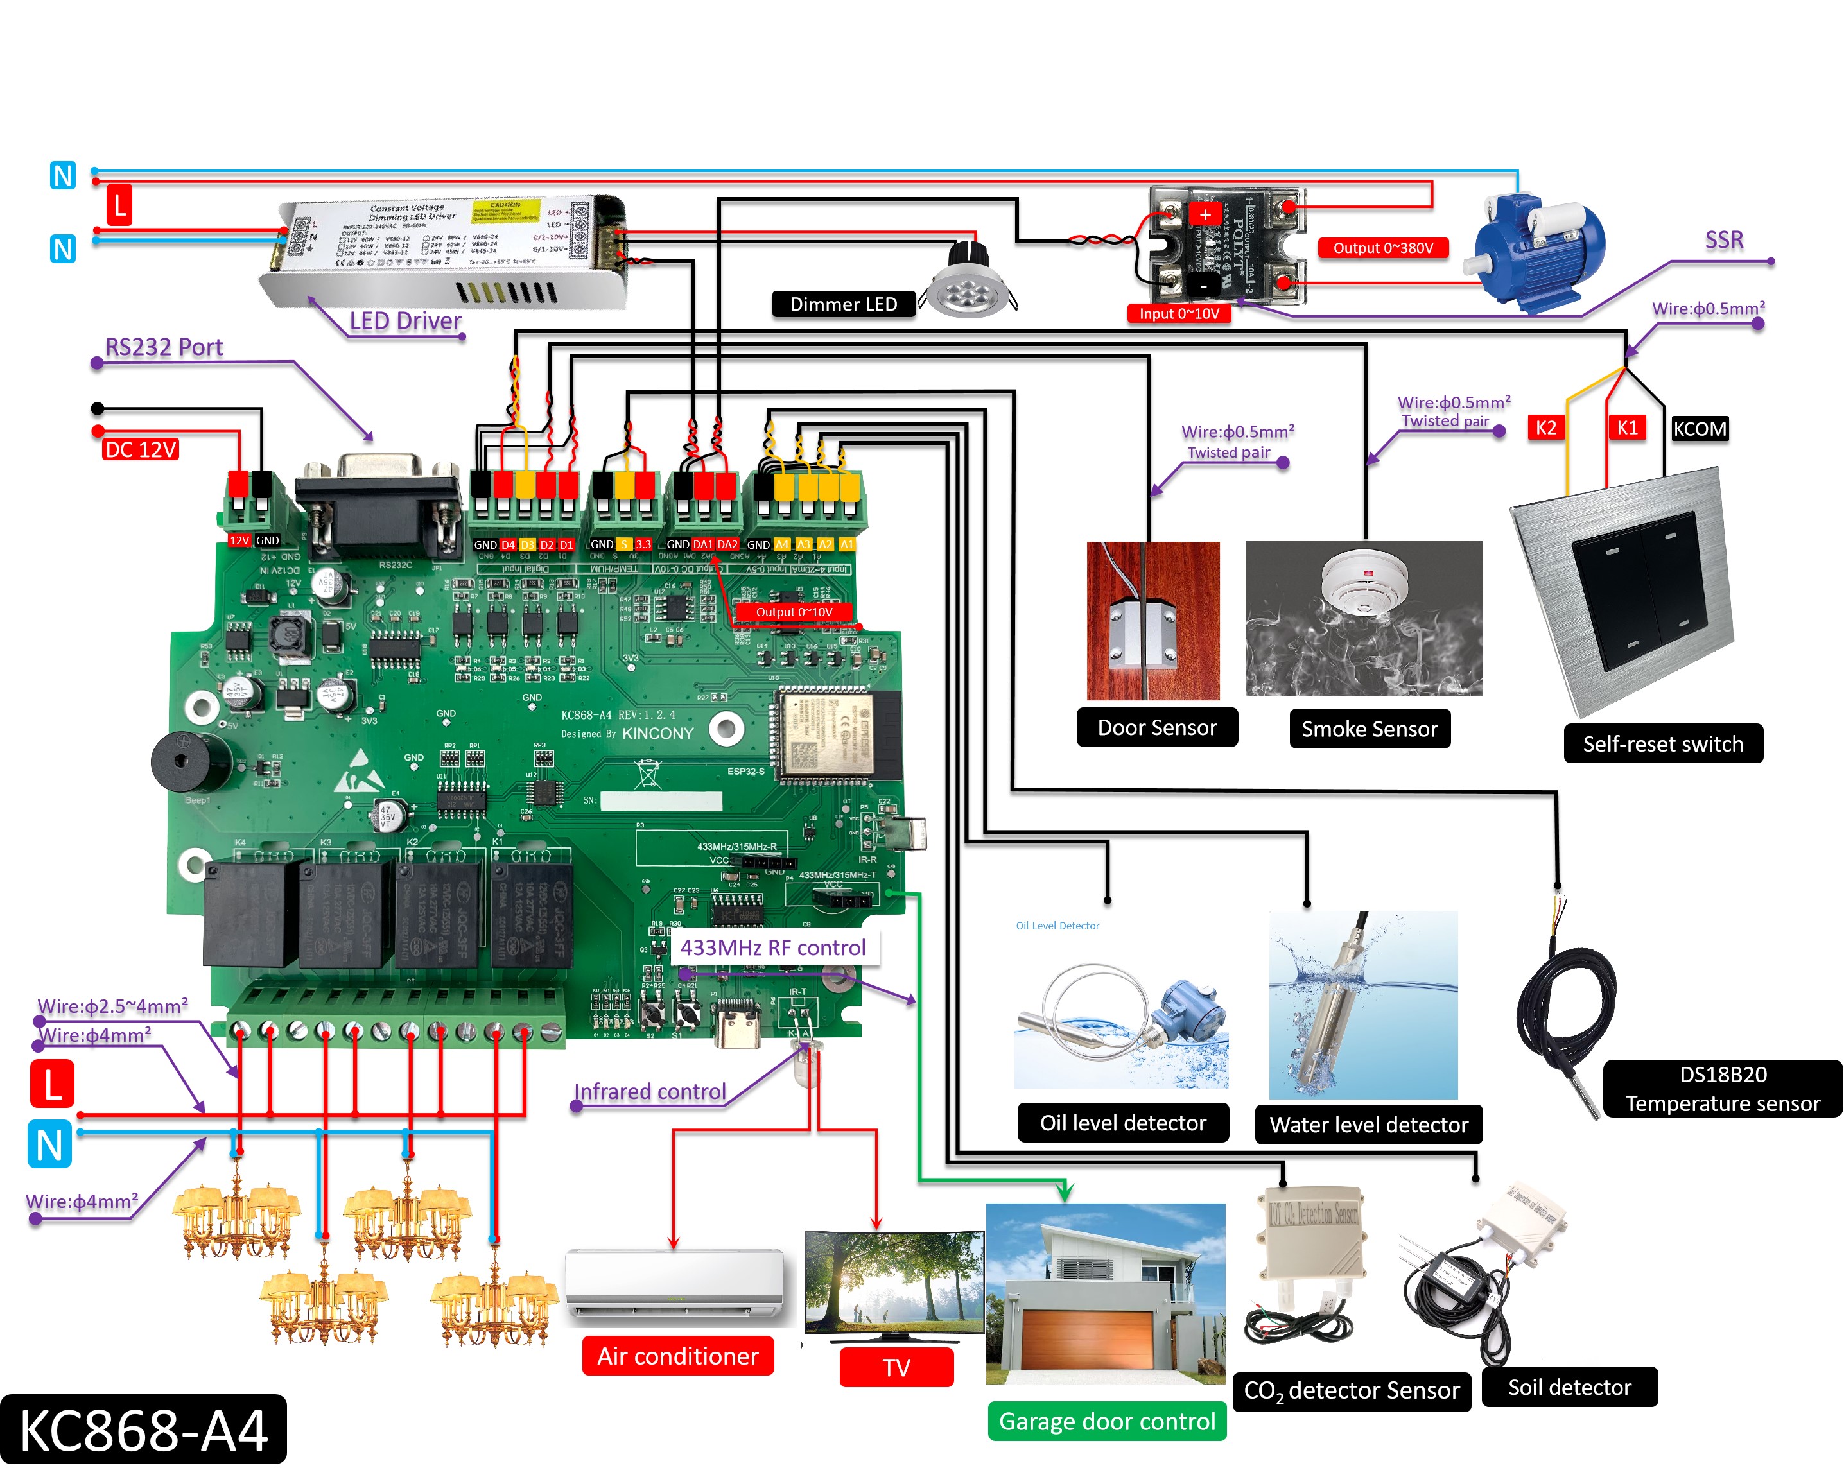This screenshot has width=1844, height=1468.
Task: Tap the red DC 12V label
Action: pos(140,450)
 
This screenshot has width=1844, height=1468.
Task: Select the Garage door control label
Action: pos(1107,1421)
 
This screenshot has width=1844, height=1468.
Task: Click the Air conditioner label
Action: pos(677,1356)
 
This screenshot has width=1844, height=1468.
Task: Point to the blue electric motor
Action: pos(1535,248)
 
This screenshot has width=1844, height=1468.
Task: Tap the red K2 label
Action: pos(1545,427)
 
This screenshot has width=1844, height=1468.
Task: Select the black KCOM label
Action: pos(1700,428)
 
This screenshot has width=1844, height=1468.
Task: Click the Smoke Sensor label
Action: pos(1370,729)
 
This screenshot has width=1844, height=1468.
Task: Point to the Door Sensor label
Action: pos(1156,728)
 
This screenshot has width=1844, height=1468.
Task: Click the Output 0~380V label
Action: pos(1383,248)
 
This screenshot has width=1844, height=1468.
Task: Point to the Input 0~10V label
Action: pos(1179,314)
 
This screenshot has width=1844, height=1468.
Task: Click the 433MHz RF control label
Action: pos(773,947)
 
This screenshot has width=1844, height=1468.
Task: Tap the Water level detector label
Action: pos(1368,1125)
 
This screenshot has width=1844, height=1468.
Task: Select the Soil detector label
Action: pos(1569,1386)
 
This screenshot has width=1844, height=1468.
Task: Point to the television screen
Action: pos(894,1282)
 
